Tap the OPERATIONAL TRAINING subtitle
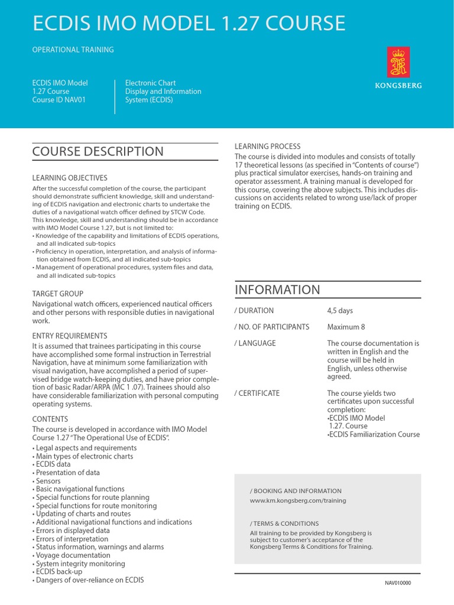coord(73,50)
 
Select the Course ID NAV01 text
coord(59,100)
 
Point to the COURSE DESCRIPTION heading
coord(98,151)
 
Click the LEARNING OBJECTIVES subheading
coord(70,178)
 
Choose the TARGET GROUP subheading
coord(57,294)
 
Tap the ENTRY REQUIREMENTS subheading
coord(70,336)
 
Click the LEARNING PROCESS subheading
coord(268,146)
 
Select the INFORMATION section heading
coord(277,290)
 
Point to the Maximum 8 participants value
coord(346,327)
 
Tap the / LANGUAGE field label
coord(255,343)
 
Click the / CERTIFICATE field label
coord(257,393)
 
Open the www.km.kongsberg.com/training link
coord(298,500)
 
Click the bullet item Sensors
coord(48,481)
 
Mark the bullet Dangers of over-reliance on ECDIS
coord(89,580)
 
